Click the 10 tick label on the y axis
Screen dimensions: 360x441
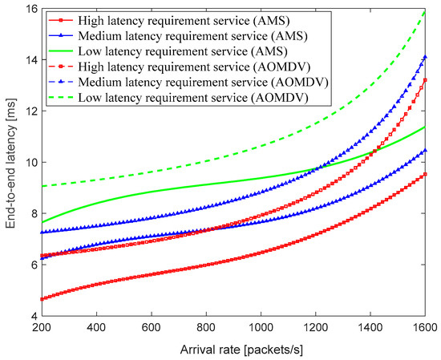tap(24, 162)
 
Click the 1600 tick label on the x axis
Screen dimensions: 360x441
tap(424, 329)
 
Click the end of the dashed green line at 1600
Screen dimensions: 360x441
tap(424, 12)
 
